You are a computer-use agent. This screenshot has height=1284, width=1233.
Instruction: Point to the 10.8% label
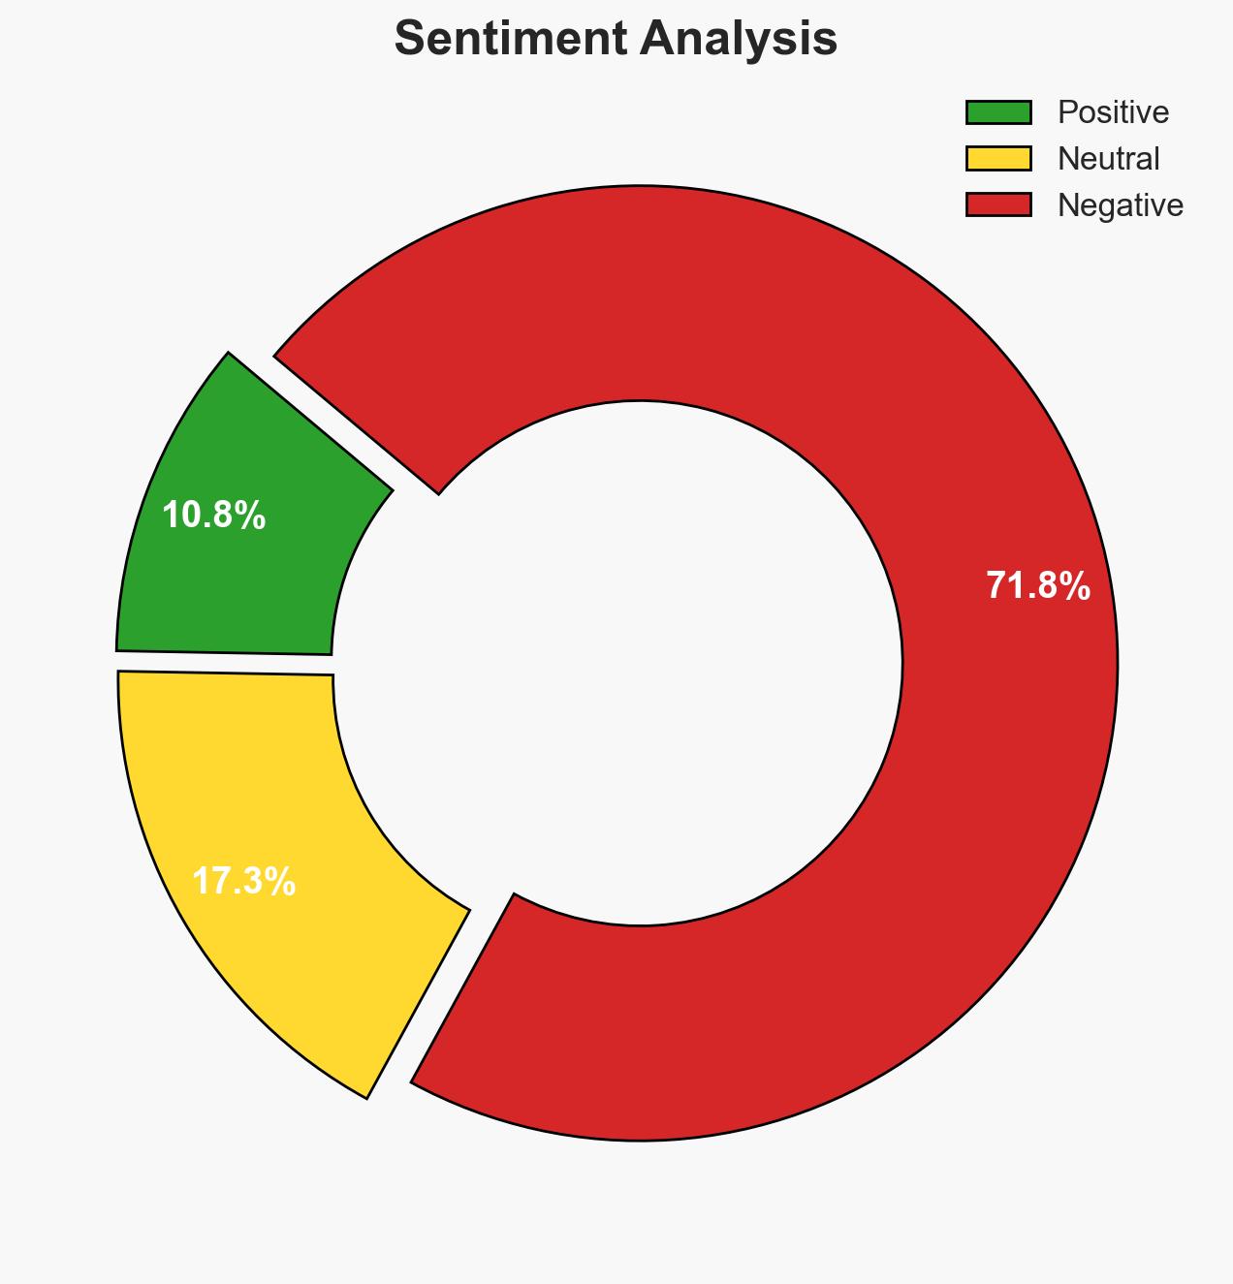click(x=213, y=516)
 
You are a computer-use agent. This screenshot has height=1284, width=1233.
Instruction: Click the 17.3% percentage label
click(x=243, y=882)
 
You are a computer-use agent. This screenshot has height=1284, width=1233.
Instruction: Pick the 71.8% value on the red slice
click(x=1038, y=586)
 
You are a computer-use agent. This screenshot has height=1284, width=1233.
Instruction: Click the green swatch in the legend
click(x=998, y=112)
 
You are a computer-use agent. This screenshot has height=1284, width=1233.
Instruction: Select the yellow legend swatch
click(x=998, y=158)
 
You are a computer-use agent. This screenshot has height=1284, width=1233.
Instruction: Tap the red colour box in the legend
click(x=998, y=204)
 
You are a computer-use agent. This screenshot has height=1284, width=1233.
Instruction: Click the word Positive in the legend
click(x=1113, y=112)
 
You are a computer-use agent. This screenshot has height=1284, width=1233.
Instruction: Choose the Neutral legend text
click(x=1108, y=158)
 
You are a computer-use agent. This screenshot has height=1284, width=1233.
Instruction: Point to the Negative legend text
click(x=1120, y=204)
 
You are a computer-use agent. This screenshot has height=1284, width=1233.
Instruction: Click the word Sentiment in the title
click(x=503, y=40)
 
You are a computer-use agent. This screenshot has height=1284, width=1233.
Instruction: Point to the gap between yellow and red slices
click(x=441, y=993)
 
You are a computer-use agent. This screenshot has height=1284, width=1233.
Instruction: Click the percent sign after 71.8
click(x=1075, y=586)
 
